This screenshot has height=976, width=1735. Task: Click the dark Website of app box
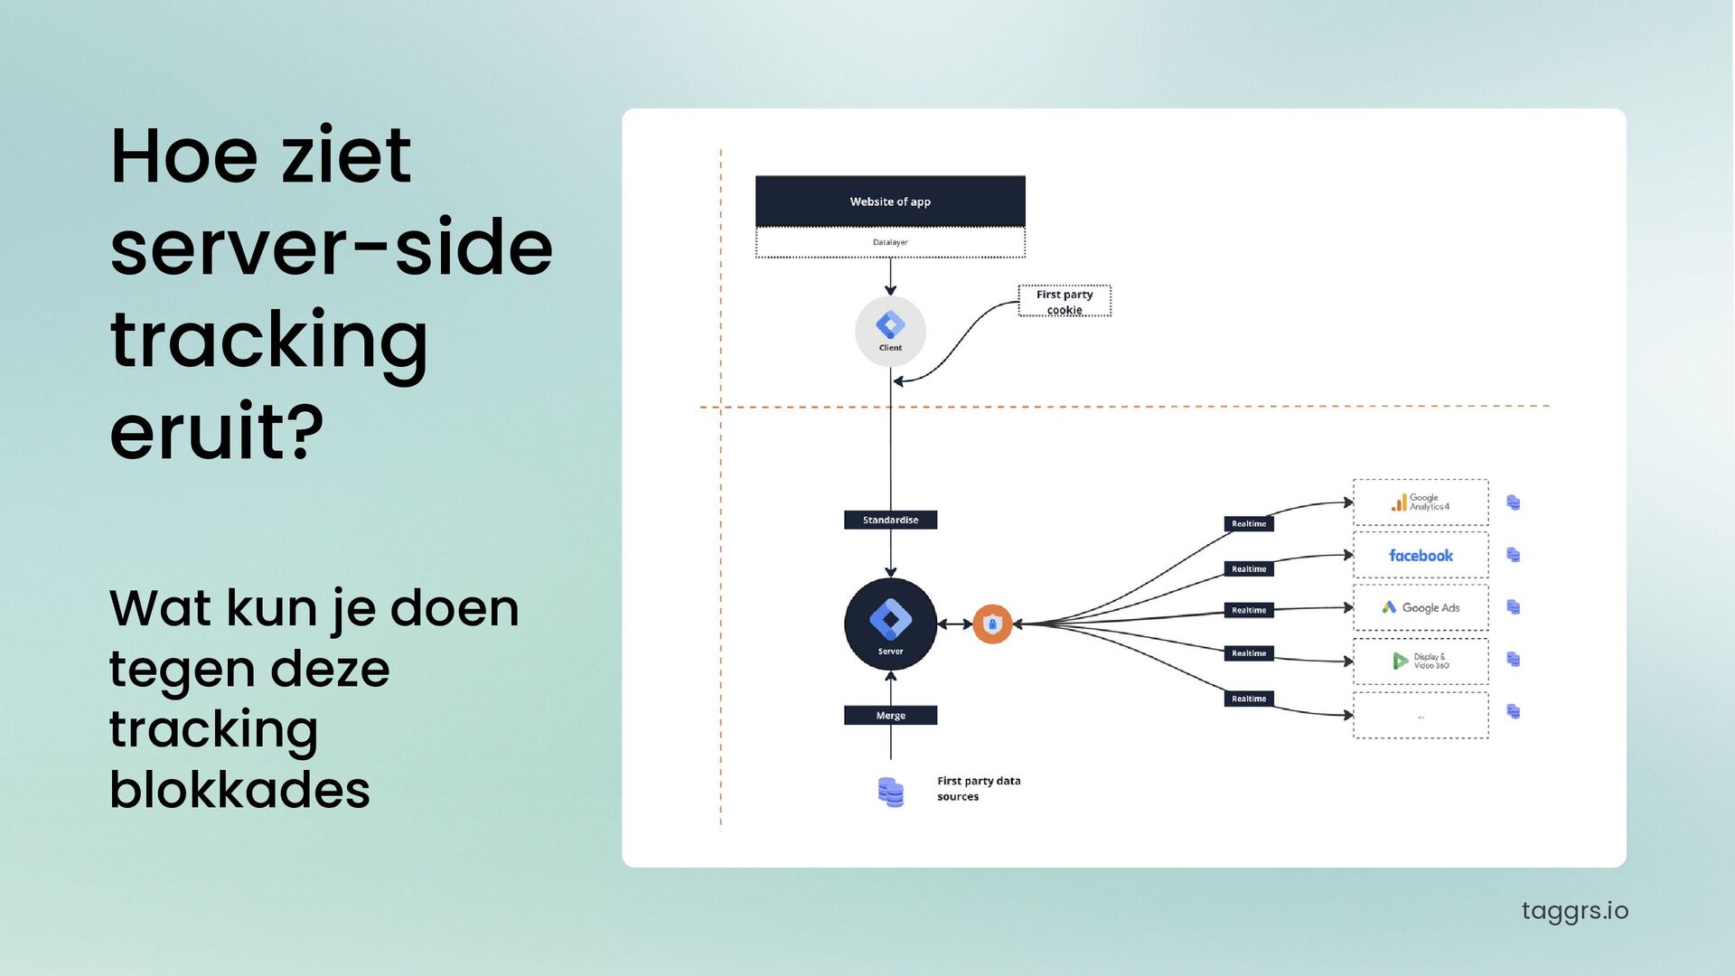pyautogui.click(x=890, y=201)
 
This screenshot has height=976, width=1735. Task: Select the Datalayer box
pyautogui.click(x=890, y=242)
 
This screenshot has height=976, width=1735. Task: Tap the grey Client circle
pyautogui.click(x=890, y=332)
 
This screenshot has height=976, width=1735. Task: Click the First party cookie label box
pyautogui.click(x=1064, y=301)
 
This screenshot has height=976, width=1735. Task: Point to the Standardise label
pyautogui.click(x=890, y=520)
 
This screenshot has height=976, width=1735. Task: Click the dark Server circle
pyautogui.click(x=890, y=624)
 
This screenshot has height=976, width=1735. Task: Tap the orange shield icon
pyautogui.click(x=992, y=624)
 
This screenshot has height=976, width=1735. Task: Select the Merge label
pyautogui.click(x=890, y=715)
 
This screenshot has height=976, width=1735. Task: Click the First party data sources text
pyautogui.click(x=978, y=788)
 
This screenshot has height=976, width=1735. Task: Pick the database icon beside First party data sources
pyautogui.click(x=890, y=792)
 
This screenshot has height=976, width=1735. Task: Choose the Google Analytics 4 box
pyautogui.click(x=1421, y=502)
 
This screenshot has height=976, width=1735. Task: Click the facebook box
pyautogui.click(x=1421, y=555)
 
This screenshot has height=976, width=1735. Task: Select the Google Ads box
pyautogui.click(x=1421, y=607)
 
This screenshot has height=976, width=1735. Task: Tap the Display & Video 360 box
pyautogui.click(x=1421, y=661)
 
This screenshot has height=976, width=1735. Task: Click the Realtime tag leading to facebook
pyautogui.click(x=1249, y=568)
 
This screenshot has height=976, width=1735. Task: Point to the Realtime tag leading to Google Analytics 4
pyautogui.click(x=1249, y=523)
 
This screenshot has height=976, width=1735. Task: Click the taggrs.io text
pyautogui.click(x=1574, y=910)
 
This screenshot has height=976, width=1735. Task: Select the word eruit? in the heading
pyautogui.click(x=216, y=431)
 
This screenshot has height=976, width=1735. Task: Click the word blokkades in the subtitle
pyautogui.click(x=239, y=789)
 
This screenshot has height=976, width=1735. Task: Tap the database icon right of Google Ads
pyautogui.click(x=1514, y=607)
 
